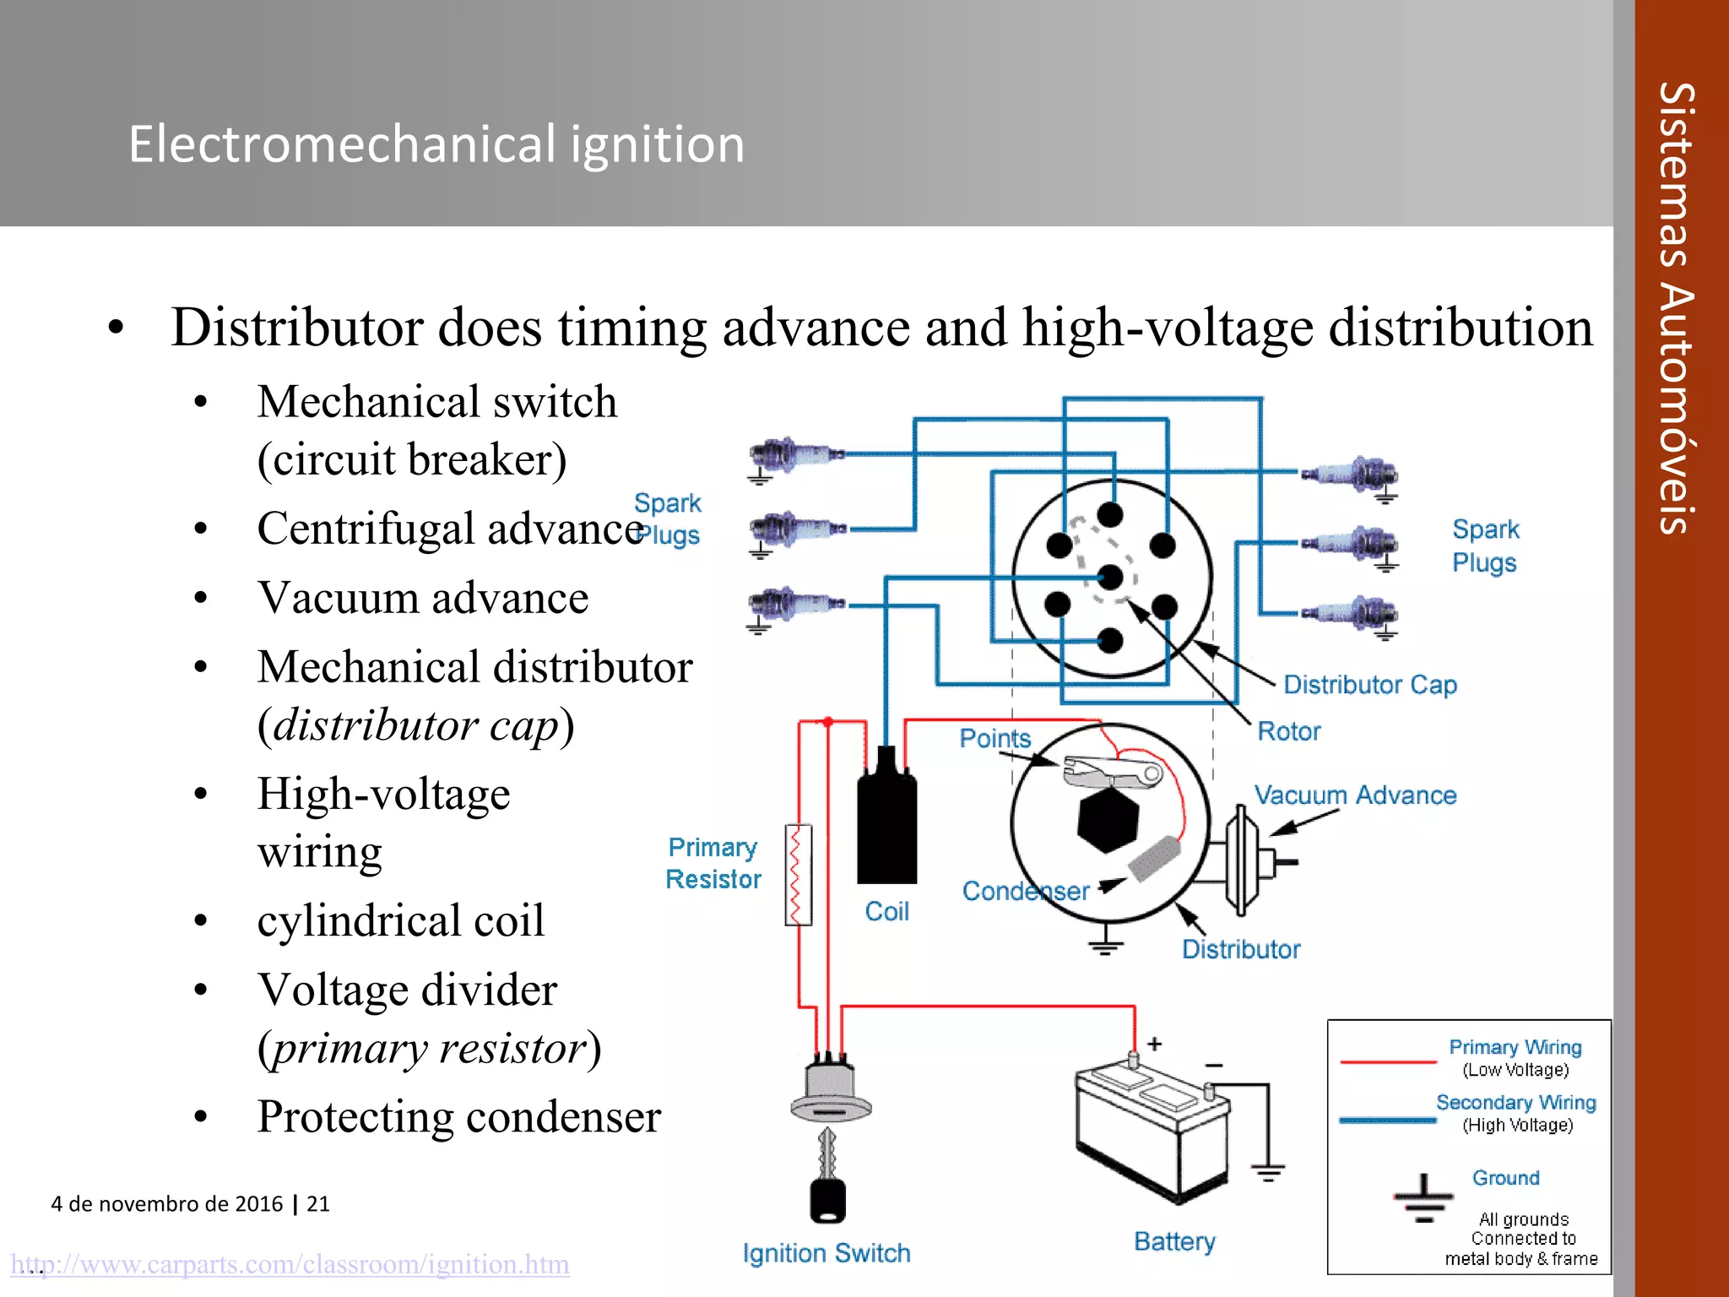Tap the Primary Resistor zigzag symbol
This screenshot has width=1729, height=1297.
point(798,875)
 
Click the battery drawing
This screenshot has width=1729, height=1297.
point(1153,1131)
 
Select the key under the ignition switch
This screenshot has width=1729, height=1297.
point(827,1182)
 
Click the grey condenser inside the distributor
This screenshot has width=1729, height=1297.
point(1153,858)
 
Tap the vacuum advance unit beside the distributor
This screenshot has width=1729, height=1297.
point(1244,861)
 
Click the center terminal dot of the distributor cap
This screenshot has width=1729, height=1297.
point(1111,578)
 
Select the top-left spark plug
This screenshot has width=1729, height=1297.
point(794,457)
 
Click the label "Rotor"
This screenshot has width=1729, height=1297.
point(1288,731)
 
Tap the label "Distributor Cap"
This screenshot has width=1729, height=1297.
point(1369,685)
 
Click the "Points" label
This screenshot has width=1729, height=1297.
point(995,739)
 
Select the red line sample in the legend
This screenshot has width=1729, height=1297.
point(1387,1061)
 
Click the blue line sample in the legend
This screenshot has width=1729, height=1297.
point(1387,1121)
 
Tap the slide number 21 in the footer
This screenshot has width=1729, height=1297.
point(318,1203)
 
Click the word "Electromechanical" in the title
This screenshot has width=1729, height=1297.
point(342,144)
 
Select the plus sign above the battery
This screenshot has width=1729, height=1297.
point(1154,1045)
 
